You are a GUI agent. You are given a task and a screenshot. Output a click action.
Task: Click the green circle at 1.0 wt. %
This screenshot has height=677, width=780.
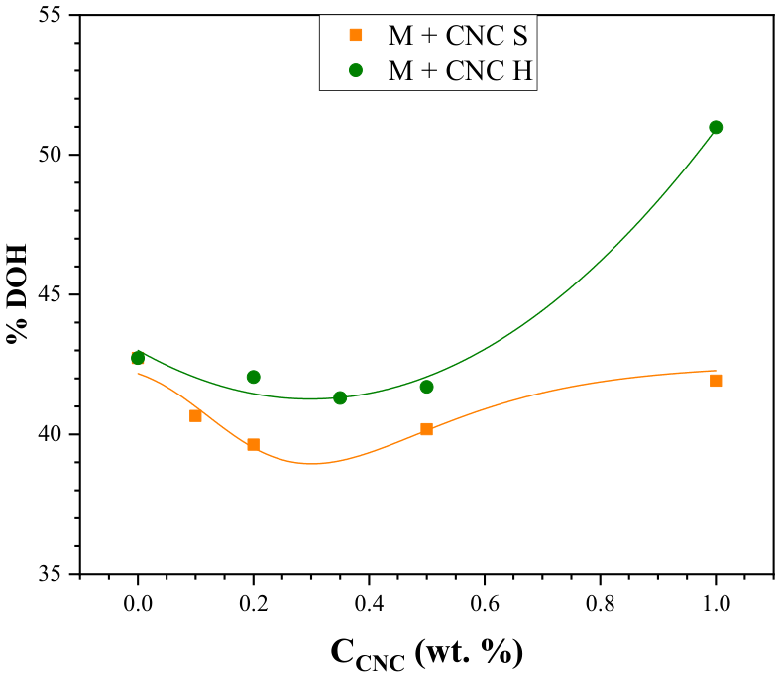tap(716, 127)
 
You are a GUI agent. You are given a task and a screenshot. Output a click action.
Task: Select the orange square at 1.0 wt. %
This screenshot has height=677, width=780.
tap(716, 381)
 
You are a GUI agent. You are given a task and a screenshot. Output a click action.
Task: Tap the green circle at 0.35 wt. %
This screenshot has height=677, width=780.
tap(340, 397)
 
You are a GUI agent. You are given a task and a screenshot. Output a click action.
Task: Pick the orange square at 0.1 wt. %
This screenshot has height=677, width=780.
tap(195, 416)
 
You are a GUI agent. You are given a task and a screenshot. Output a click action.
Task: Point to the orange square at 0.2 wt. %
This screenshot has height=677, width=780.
tap(253, 444)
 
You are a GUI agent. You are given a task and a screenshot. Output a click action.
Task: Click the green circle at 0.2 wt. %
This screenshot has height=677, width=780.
tap(253, 377)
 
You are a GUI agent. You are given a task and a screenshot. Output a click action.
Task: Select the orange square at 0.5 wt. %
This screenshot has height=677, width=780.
tap(426, 429)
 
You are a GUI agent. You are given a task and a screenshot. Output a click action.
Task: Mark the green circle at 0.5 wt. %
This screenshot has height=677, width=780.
tap(426, 387)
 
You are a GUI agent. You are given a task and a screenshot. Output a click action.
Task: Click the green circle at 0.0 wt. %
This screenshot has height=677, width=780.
tap(138, 358)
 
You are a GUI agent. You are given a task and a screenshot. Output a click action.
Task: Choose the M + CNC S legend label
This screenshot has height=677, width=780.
tap(458, 36)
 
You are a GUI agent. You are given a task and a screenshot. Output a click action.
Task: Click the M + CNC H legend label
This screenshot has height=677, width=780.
tap(461, 70)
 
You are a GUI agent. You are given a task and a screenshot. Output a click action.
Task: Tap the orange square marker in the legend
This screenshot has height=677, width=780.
tap(356, 35)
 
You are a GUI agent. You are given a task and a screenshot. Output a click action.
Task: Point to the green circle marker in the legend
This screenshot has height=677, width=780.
tap(356, 70)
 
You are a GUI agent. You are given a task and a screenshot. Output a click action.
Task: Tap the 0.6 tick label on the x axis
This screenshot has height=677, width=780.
tap(485, 604)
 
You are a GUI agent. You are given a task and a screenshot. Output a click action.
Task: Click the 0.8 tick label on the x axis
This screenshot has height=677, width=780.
tap(600, 604)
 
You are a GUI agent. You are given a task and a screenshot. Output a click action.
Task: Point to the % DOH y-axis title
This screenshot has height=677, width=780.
tap(17, 294)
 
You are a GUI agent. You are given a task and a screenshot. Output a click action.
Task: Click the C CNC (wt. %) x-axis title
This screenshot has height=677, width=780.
tap(427, 654)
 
